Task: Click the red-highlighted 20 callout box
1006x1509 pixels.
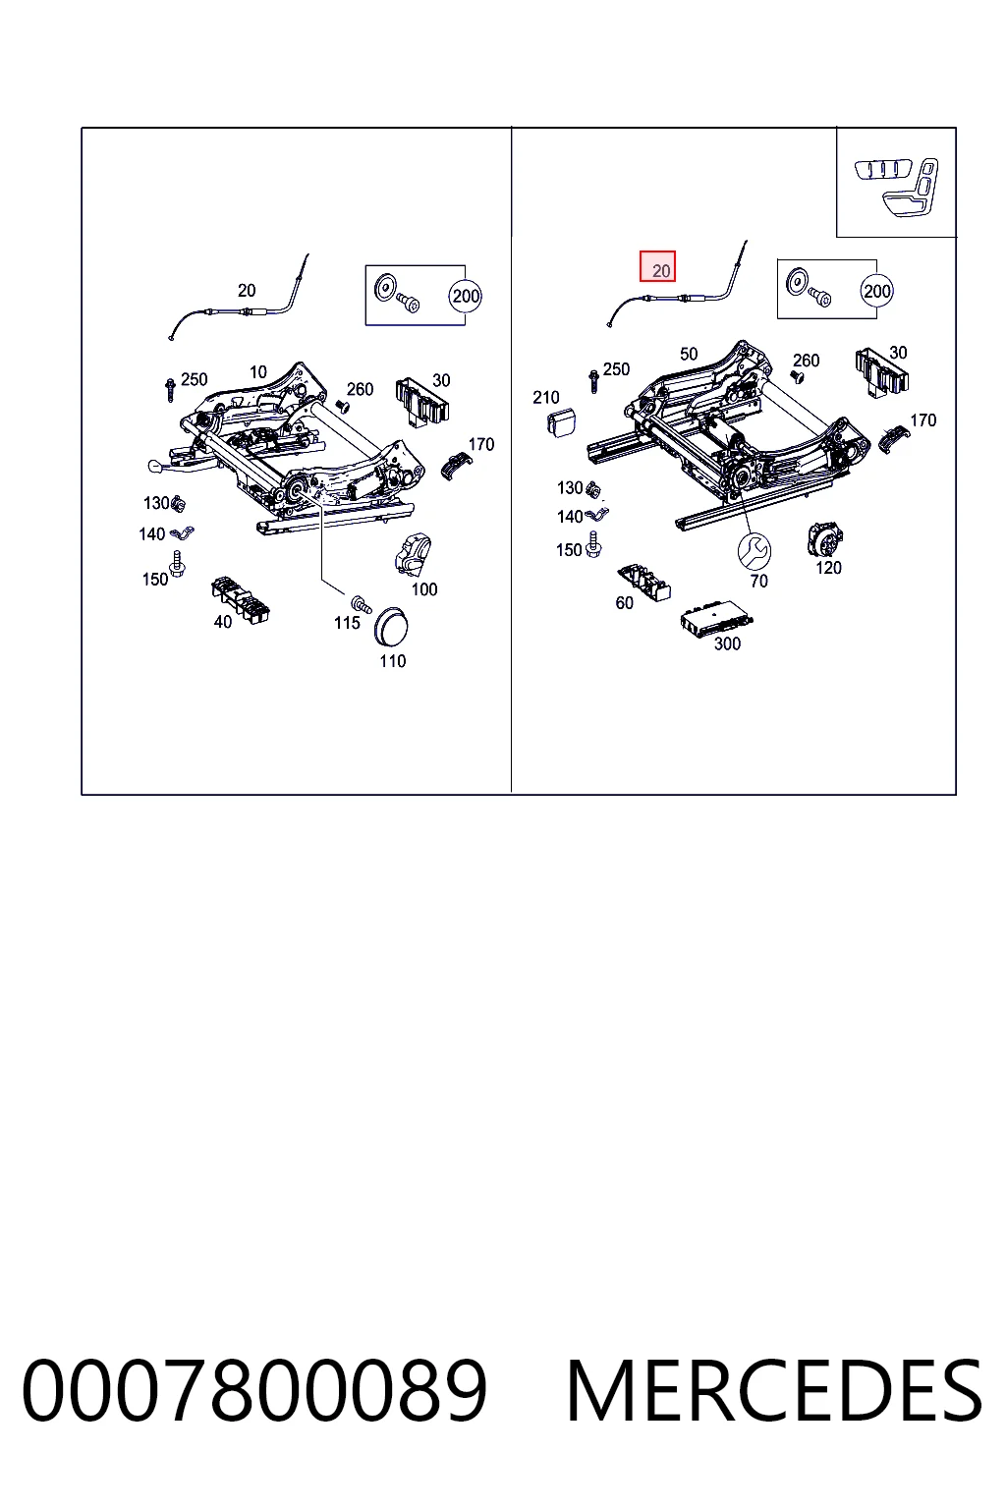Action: coord(657,266)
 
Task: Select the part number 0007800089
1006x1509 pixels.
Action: coord(254,1390)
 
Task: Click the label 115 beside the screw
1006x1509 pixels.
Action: coord(347,623)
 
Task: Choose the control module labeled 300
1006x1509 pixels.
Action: coord(716,622)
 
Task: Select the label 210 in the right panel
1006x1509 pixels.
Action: coord(546,398)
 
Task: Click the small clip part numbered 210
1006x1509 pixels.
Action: coord(561,421)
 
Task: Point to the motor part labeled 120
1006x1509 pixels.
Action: coord(825,539)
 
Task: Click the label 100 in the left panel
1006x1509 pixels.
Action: coord(423,589)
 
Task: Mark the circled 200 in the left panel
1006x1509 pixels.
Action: coord(466,296)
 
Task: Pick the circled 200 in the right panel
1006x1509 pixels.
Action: coord(876,291)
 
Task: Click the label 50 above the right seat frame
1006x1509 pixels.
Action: coord(688,355)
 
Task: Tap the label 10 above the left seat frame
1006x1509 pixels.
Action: coord(258,372)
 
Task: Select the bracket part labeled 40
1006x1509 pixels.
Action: coord(240,599)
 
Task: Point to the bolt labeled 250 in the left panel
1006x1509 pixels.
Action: coord(170,390)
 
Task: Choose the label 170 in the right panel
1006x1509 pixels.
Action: coord(923,420)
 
